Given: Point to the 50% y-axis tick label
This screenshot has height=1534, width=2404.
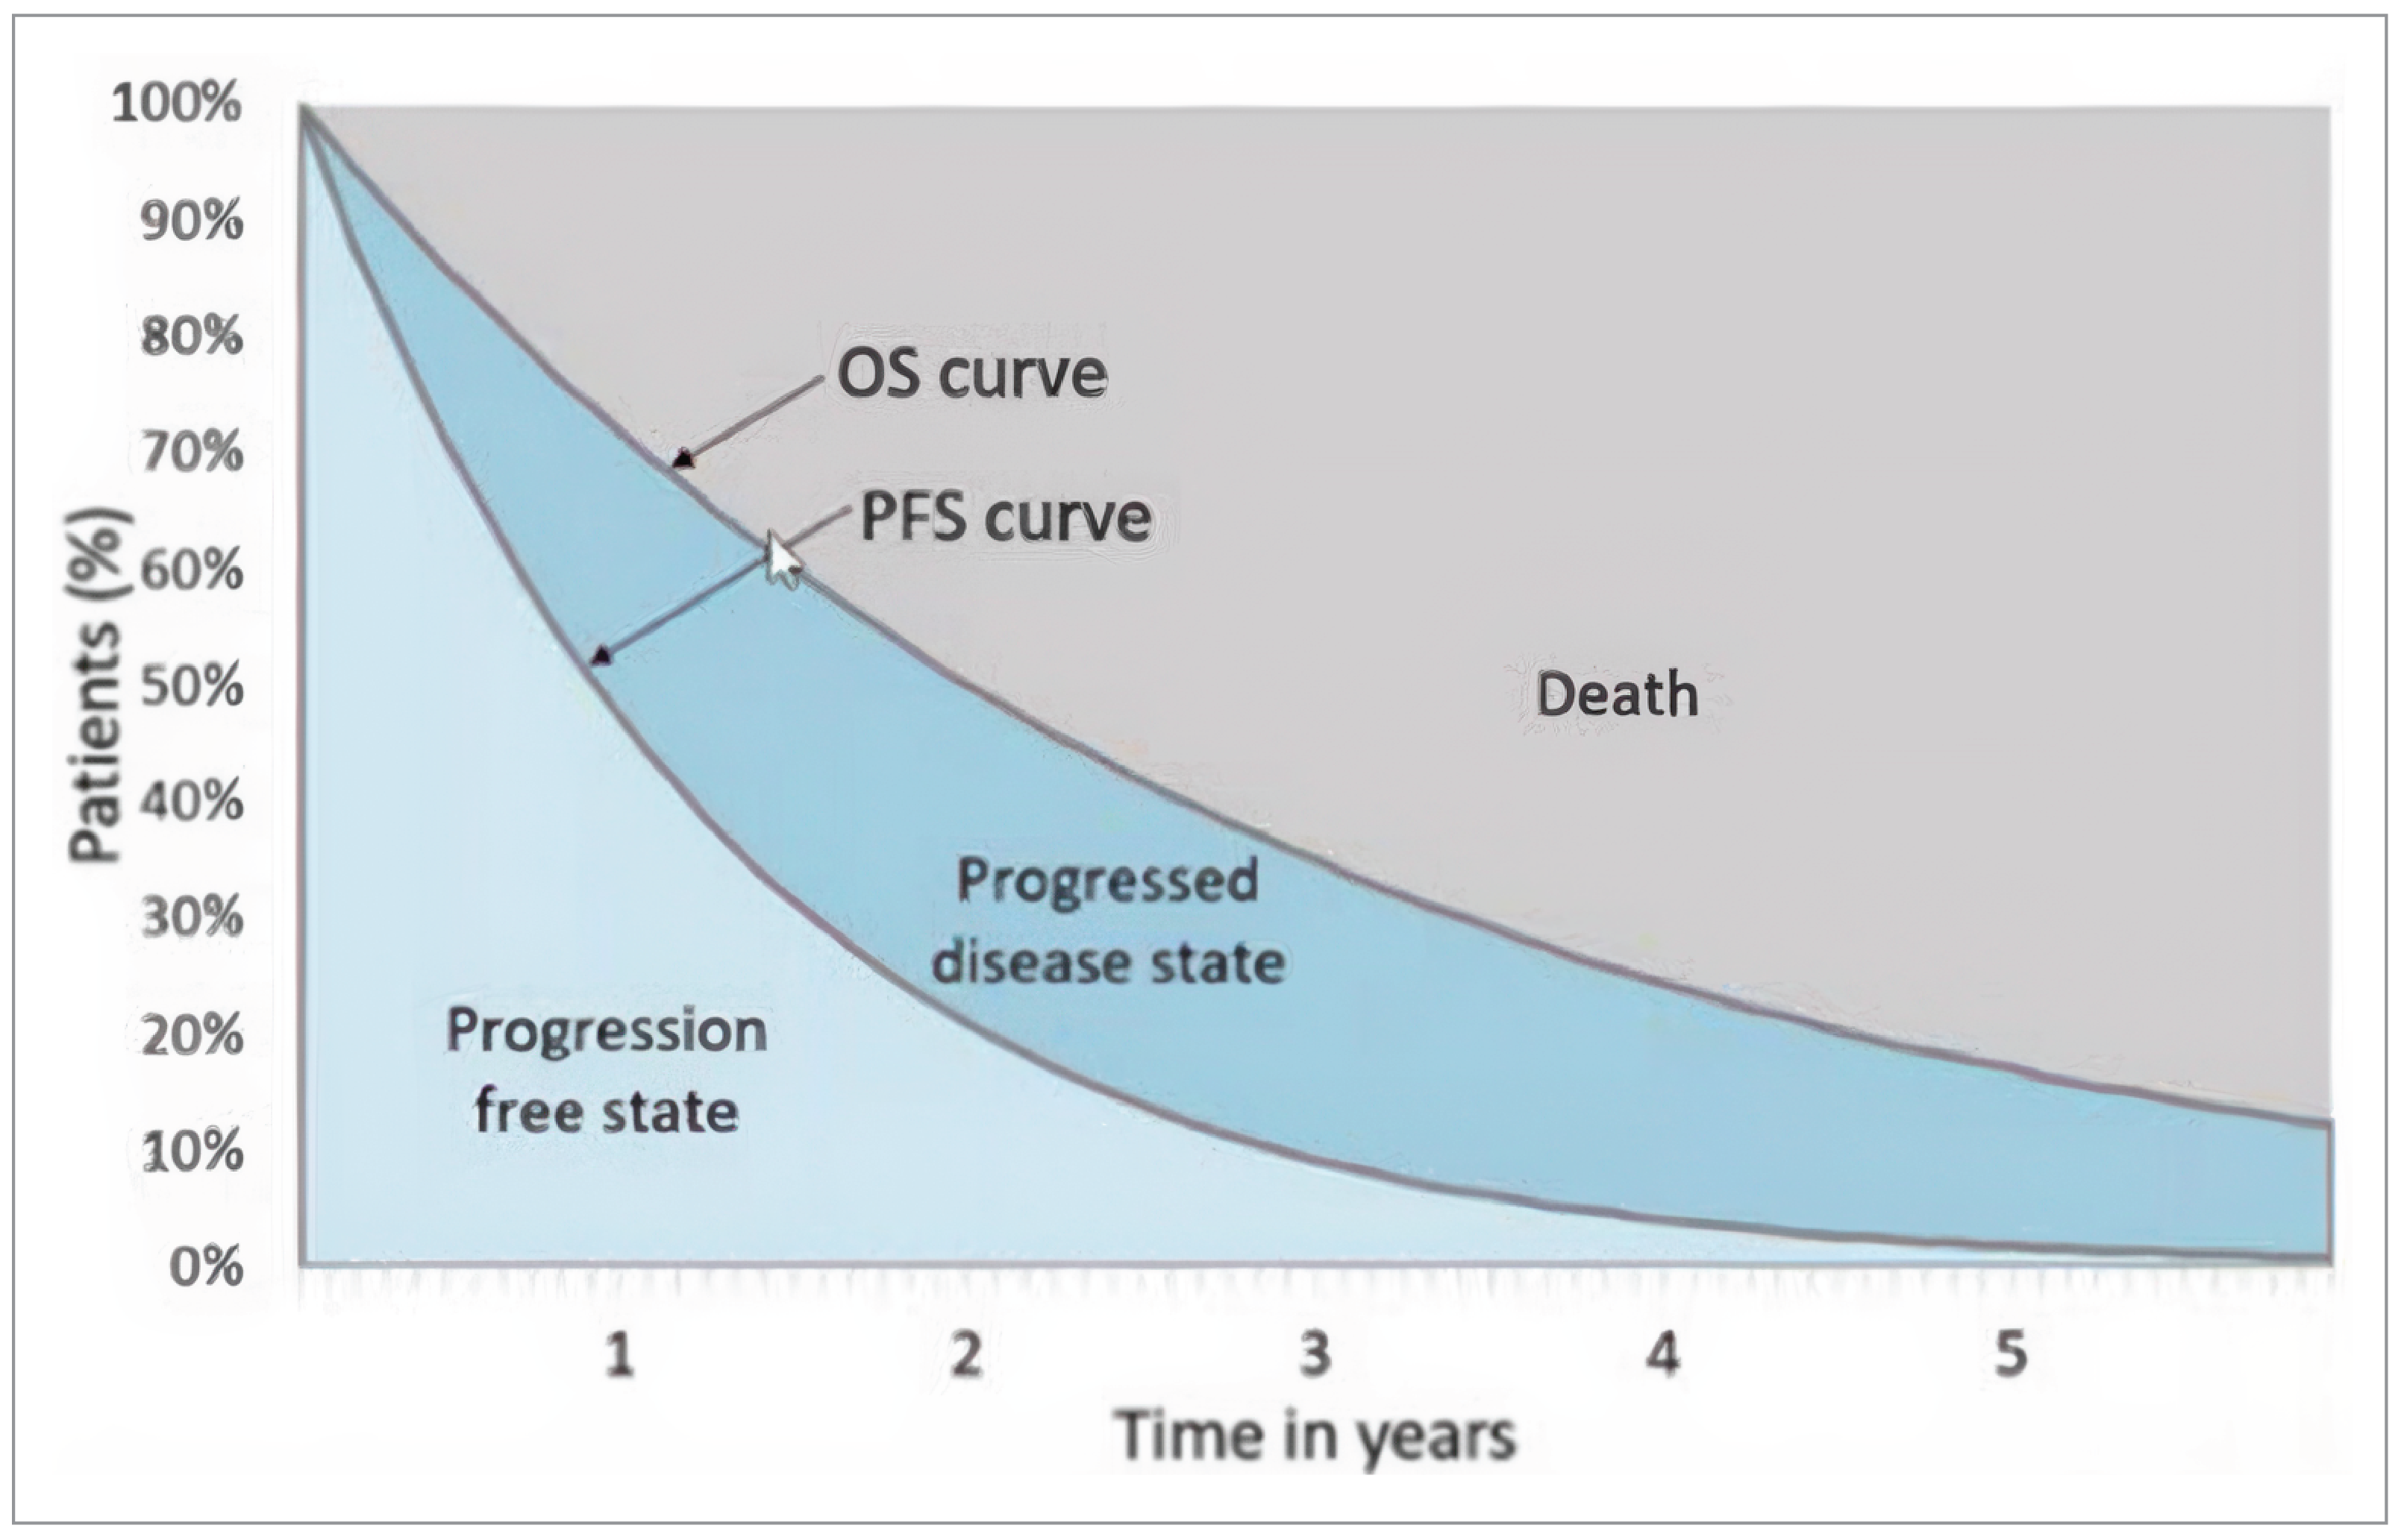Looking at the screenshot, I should pos(192,687).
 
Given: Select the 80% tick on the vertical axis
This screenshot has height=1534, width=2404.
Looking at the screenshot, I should pos(192,337).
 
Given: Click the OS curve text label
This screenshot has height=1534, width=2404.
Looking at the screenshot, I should pos(971,374).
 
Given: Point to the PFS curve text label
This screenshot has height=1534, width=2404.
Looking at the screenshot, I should pos(1005,518).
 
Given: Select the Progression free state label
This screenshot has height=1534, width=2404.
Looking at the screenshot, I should pos(606,1071).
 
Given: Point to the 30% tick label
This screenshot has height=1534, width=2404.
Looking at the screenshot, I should pos(192,918).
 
